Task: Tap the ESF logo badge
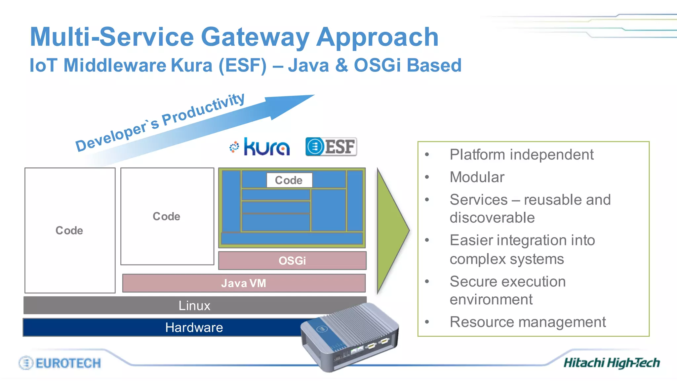click(331, 147)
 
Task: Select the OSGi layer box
click(292, 261)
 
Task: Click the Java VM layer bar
click(244, 283)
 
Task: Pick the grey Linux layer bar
click(194, 305)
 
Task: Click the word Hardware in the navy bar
click(194, 327)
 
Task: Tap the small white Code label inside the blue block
click(289, 180)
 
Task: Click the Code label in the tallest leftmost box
click(69, 230)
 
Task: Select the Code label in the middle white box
click(167, 216)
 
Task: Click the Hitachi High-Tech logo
click(612, 363)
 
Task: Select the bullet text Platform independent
click(521, 154)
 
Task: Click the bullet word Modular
click(477, 177)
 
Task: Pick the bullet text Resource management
click(528, 322)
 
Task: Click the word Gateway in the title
click(255, 37)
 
